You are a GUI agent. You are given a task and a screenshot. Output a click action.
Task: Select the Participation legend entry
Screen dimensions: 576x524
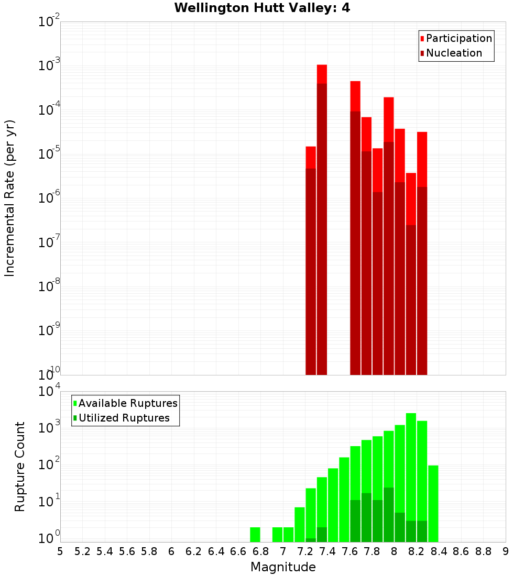pos(458,39)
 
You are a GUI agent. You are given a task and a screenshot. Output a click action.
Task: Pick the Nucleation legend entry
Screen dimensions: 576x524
pos(454,53)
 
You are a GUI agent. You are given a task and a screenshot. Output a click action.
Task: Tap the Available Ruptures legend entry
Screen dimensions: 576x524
pos(128,403)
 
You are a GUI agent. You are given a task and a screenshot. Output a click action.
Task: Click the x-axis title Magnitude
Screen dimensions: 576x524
pos(283,567)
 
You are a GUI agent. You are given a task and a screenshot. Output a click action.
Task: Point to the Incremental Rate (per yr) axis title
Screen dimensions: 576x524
pos(10,198)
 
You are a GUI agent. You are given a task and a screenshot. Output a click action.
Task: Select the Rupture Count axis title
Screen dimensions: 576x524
pos(20,467)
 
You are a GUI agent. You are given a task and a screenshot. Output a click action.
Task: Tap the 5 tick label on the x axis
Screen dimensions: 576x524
pos(60,551)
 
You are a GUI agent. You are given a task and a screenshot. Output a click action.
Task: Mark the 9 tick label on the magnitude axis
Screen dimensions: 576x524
pos(506,551)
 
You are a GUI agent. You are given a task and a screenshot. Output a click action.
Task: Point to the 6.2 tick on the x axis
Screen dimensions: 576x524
pos(194,551)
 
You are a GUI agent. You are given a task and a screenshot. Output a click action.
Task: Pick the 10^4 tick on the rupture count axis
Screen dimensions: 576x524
pos(50,392)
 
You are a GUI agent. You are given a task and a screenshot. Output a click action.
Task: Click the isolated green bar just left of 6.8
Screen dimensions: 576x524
pos(255,535)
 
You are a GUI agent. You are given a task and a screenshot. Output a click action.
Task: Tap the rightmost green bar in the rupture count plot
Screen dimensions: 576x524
pos(433,503)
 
